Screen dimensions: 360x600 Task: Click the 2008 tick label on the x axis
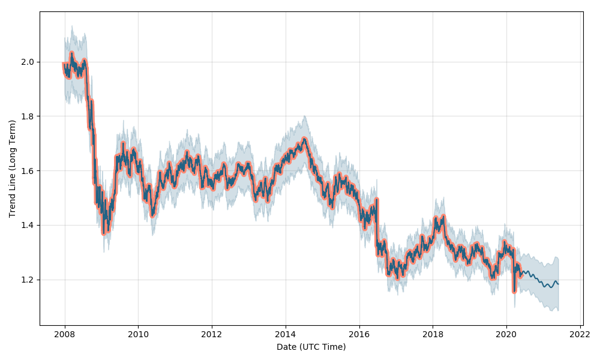(65, 335)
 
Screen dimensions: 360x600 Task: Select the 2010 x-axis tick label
(138, 335)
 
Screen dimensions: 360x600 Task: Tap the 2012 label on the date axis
(212, 335)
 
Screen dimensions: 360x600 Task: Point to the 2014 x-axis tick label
(286, 335)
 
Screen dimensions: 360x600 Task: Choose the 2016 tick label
(359, 335)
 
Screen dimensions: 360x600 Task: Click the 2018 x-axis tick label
(433, 335)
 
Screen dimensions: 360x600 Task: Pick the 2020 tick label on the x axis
(506, 335)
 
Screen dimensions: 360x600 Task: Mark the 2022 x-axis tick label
(580, 335)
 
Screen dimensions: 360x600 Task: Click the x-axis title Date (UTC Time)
(311, 347)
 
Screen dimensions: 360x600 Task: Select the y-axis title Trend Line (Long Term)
(12, 169)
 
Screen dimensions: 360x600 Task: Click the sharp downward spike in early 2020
(514, 292)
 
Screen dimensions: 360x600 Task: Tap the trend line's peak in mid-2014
(304, 139)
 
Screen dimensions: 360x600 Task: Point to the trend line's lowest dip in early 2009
(104, 233)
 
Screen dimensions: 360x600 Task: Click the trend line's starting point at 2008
(64, 64)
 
